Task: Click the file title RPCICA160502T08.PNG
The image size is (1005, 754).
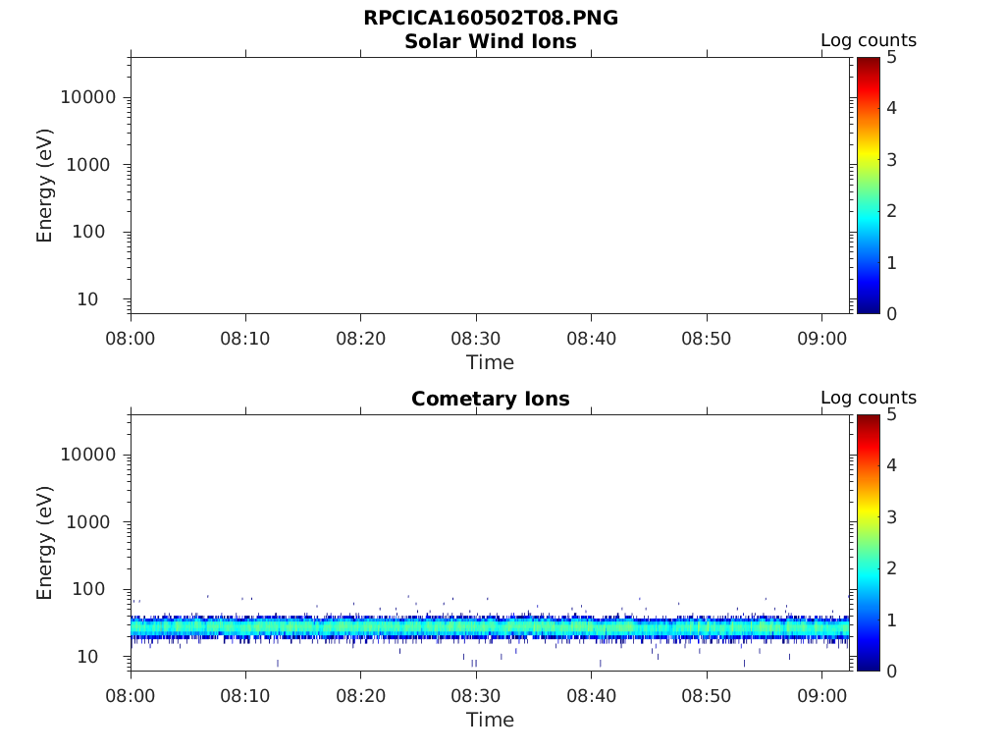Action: point(490,18)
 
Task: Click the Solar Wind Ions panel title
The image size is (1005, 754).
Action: point(490,41)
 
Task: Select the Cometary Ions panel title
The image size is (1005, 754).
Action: point(490,399)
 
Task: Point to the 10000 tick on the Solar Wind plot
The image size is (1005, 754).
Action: point(88,97)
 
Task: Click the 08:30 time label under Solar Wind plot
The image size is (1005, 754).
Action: point(476,339)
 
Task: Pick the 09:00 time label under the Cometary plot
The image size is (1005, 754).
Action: point(821,696)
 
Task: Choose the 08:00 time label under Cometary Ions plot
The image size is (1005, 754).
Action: point(131,696)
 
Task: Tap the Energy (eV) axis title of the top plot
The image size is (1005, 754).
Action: point(45,186)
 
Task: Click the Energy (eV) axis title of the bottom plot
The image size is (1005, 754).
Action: point(45,543)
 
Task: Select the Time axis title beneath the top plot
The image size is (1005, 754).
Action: point(490,362)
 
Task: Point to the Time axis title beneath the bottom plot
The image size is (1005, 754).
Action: point(490,720)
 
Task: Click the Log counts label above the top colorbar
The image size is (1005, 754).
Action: point(868,40)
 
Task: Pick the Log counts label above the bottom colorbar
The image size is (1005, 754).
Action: point(868,398)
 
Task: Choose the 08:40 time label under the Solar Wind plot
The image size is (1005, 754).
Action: point(591,339)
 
